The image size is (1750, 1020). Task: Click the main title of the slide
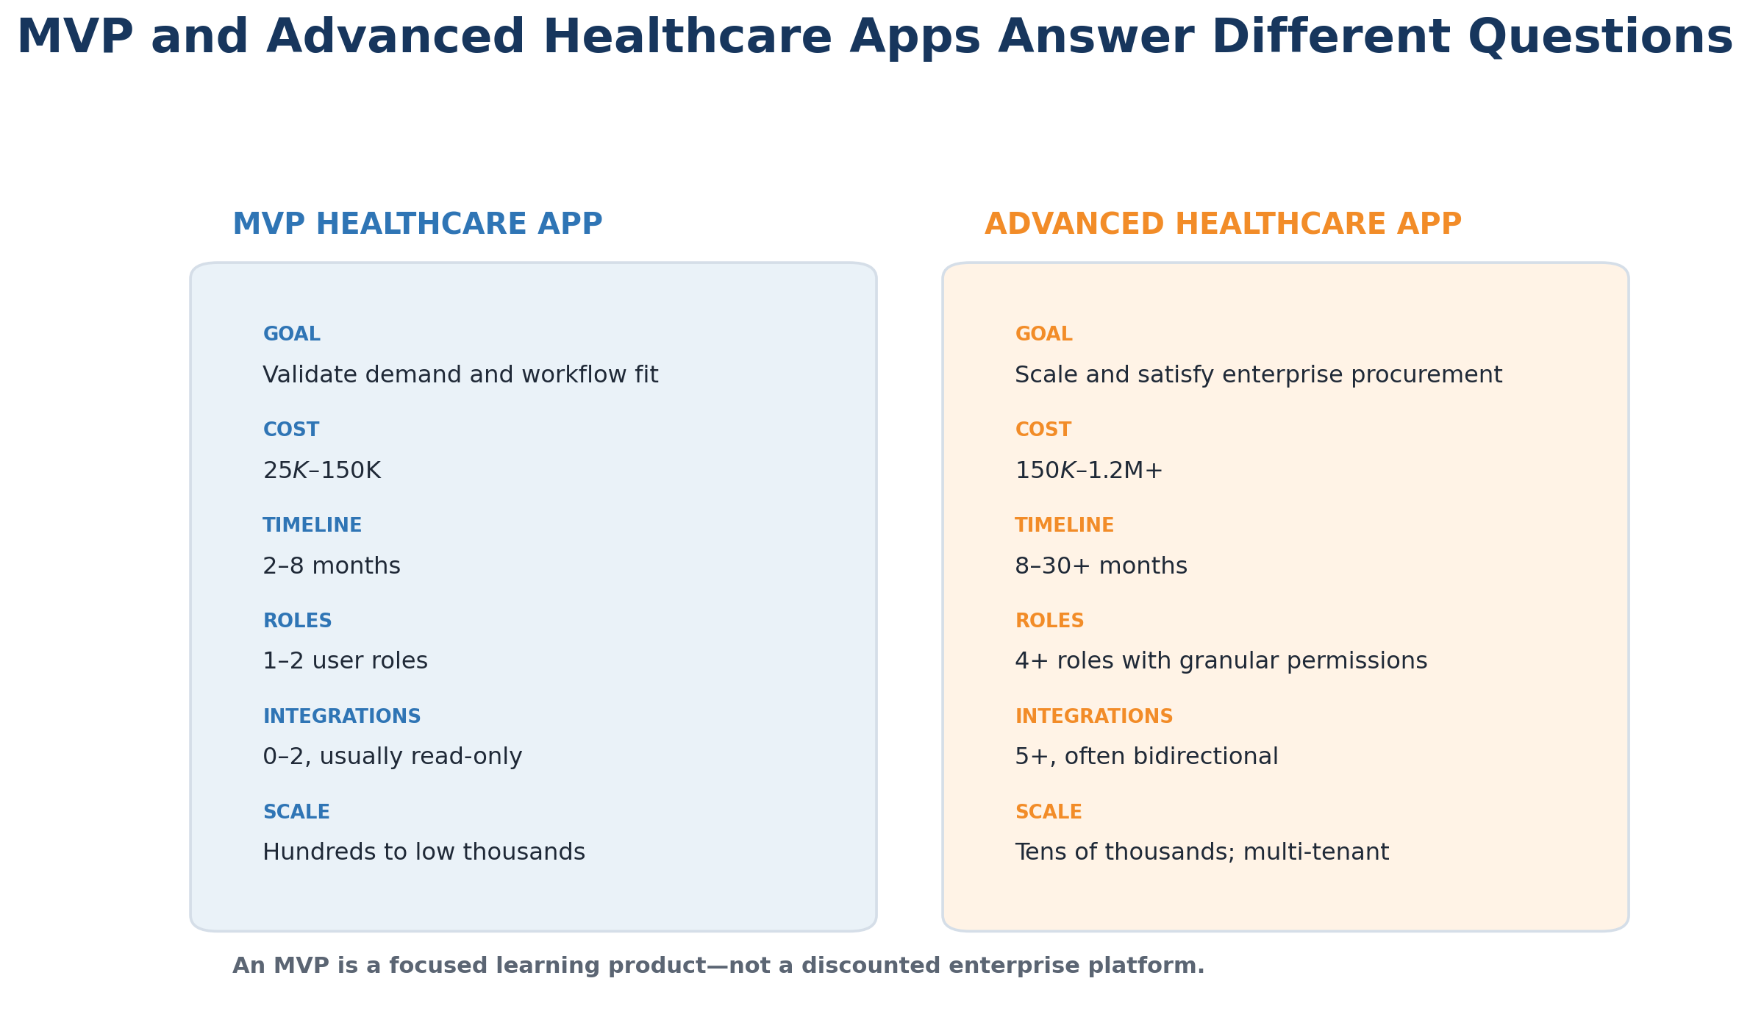874,38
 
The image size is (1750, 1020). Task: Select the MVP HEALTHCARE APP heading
418,224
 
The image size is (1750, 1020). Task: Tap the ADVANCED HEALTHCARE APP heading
1223,224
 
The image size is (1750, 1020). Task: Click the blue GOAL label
292,335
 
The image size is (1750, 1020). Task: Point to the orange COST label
1043,430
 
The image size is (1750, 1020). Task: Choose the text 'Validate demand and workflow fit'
460,375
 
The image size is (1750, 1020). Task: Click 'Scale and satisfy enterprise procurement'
1258,375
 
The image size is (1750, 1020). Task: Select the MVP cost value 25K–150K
322,471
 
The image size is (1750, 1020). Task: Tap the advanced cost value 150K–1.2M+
1089,471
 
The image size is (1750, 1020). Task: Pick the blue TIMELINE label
312,526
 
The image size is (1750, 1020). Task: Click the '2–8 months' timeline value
332,566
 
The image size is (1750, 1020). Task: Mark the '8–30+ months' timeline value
1101,566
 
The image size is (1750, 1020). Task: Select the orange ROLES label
1049,621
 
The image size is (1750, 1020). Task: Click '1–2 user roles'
345,661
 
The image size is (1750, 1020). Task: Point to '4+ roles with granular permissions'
1221,661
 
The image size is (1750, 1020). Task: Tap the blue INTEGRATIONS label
342,717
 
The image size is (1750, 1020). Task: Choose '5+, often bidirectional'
1146,757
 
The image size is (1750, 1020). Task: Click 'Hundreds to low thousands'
424,852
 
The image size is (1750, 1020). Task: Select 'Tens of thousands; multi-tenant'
1201,852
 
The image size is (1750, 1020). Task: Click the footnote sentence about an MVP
718,966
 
